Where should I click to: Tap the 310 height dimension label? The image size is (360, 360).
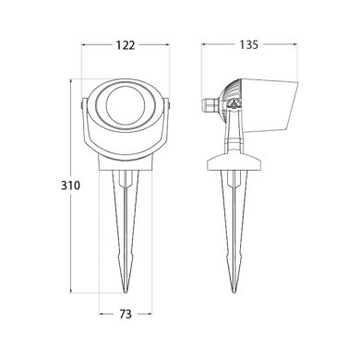pyautogui.click(x=58, y=185)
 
